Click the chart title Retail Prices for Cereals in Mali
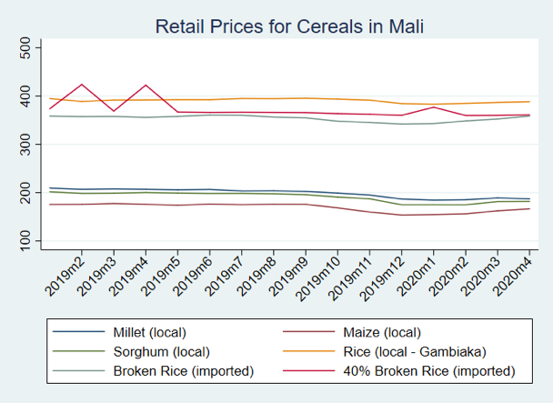tap(289, 26)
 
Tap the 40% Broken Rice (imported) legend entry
tap(430, 370)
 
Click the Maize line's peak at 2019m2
tap(83, 85)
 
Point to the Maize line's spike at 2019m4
tap(146, 86)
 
